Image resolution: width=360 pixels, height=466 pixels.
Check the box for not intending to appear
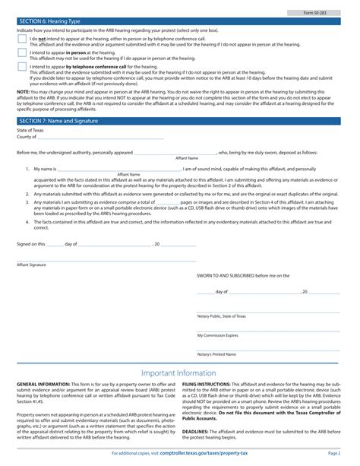tap(22, 39)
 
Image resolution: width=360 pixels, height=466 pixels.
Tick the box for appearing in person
tap(22, 53)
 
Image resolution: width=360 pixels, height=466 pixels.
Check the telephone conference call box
tap(22, 68)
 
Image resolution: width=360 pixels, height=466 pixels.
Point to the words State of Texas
tap(31, 131)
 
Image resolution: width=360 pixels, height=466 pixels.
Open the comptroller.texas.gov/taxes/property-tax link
tap(204, 453)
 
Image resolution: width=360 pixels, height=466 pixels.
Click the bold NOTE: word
tap(24, 90)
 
